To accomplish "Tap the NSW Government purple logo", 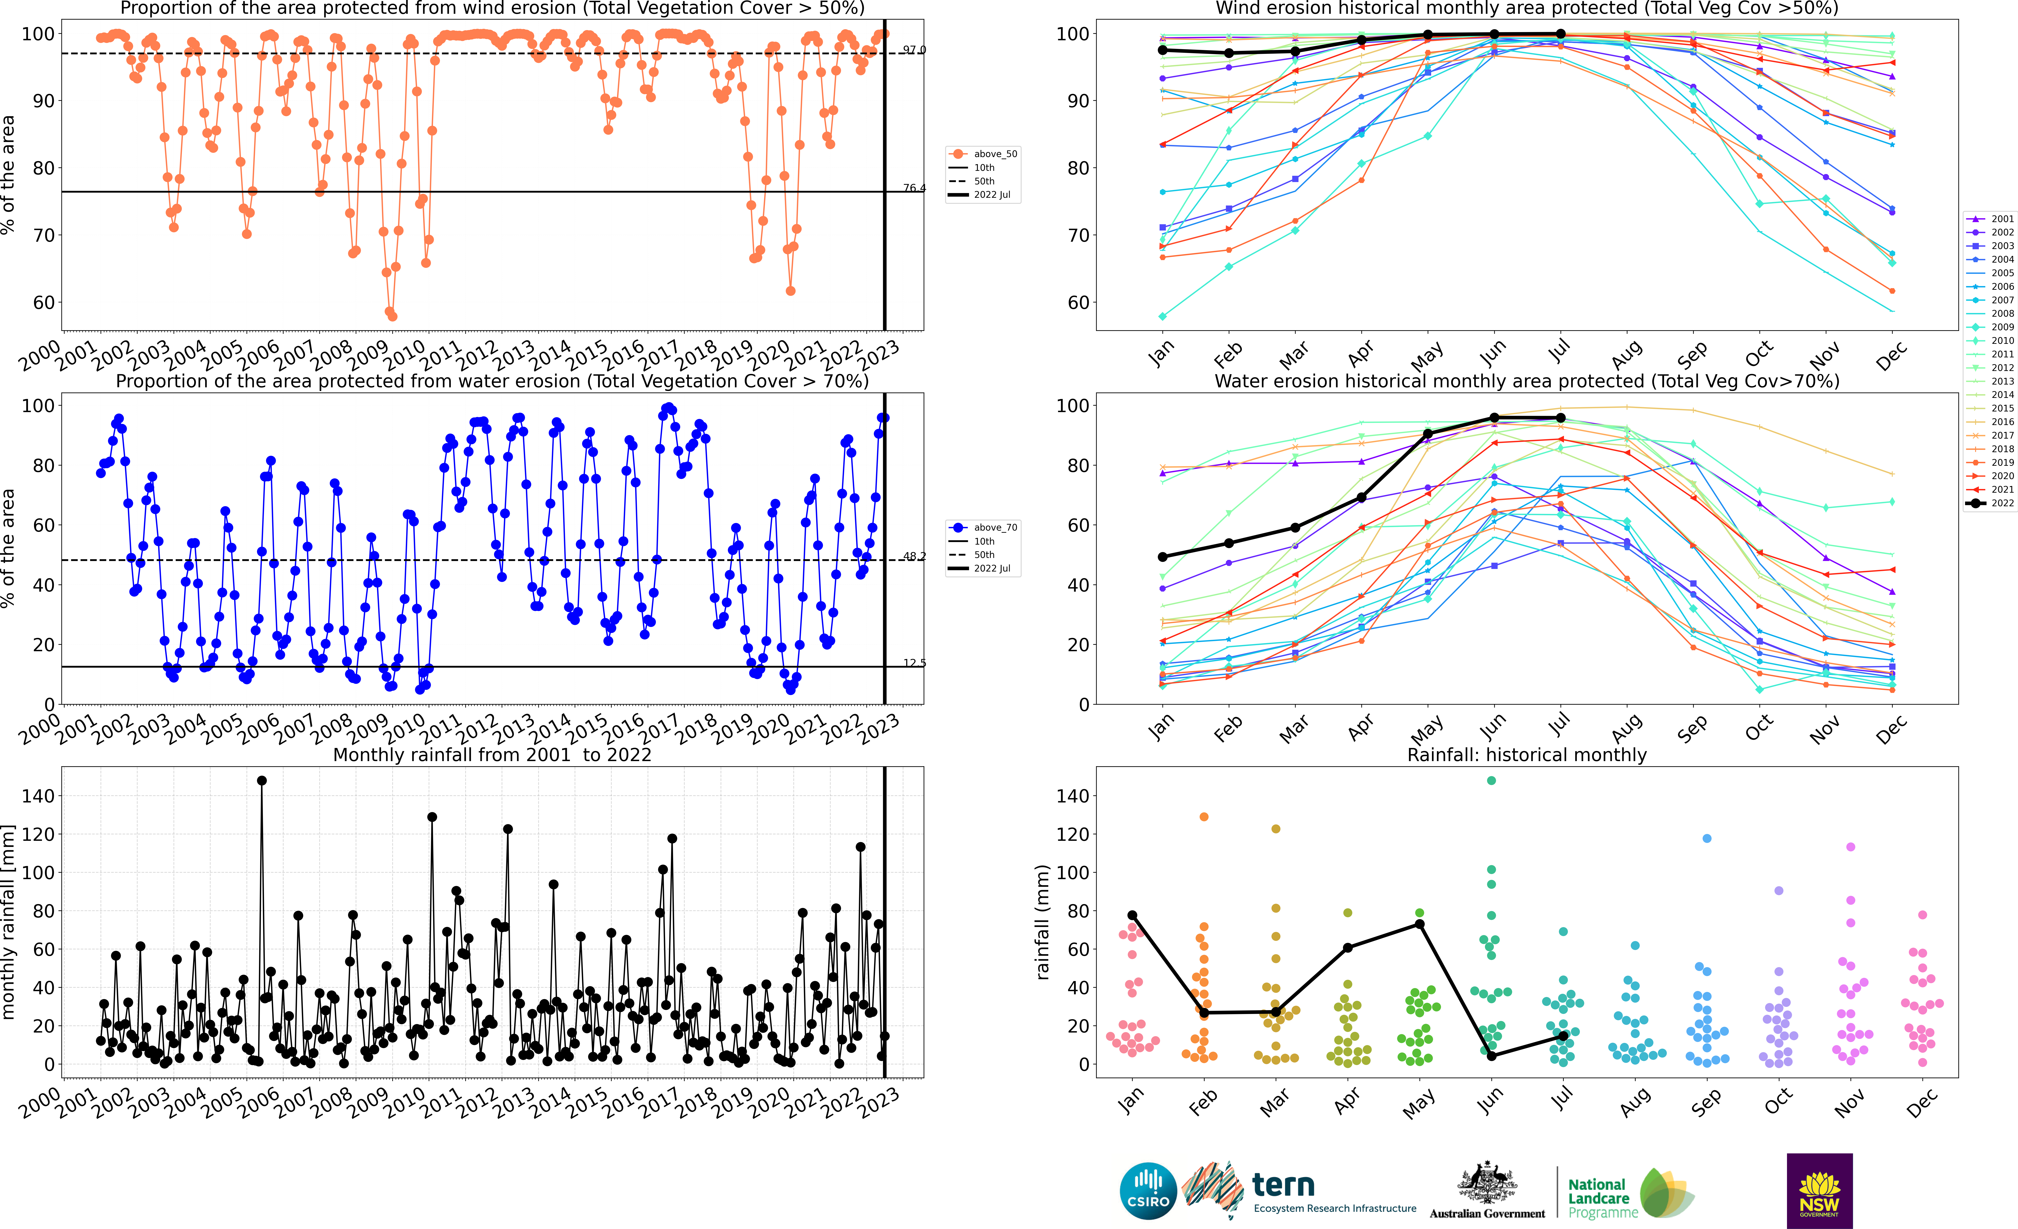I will (1819, 1190).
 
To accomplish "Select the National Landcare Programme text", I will (1598, 1198).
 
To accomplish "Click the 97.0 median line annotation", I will (914, 50).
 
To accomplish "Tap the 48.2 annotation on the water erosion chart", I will (914, 556).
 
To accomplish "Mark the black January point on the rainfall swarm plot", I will (1132, 915).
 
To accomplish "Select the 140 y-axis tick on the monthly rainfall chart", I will (39, 796).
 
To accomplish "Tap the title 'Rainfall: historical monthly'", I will (1527, 755).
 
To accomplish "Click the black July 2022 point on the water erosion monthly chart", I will (1560, 418).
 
